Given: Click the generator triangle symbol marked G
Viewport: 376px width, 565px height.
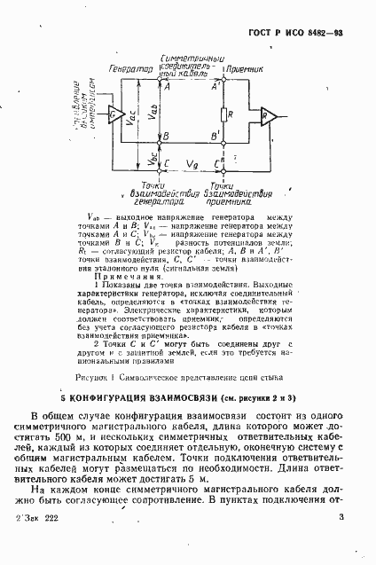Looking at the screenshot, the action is coord(116,114).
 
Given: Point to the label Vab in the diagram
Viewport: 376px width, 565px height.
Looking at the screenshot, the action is coord(154,114).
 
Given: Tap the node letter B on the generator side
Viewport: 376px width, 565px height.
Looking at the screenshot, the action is coord(166,137).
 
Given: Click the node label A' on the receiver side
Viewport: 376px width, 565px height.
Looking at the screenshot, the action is coord(212,87).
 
